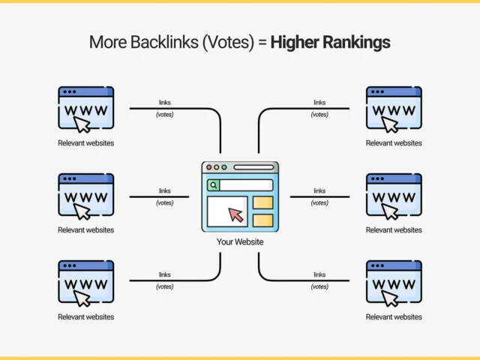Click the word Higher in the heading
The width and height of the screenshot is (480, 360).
[298, 42]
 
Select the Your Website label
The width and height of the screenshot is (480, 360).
[240, 242]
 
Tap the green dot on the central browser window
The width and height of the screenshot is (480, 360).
[225, 168]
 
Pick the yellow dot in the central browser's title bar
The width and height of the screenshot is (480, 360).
[217, 168]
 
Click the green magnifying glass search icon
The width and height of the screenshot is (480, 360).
[214, 184]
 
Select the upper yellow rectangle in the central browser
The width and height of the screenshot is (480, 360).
[262, 202]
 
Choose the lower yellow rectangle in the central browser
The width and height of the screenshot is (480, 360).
[262, 220]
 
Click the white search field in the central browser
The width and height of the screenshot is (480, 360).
[246, 184]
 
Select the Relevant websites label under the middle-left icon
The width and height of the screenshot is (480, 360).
[86, 230]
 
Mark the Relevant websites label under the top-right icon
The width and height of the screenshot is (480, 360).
[394, 143]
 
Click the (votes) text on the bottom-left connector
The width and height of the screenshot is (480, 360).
[165, 286]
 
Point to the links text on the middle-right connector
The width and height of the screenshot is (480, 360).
[319, 190]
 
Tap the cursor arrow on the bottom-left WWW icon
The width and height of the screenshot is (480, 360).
[82, 297]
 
